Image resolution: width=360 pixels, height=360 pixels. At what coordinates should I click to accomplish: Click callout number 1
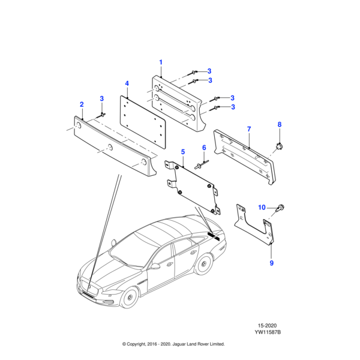coord(161,62)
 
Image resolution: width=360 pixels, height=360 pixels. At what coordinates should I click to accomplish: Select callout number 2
coord(82,104)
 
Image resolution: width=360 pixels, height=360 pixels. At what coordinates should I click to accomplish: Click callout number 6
coord(203,148)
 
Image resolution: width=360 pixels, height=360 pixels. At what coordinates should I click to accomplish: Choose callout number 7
coord(249,129)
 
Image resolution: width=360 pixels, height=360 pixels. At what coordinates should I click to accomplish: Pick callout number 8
coord(279,124)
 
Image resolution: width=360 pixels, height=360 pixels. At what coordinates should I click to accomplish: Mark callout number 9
coord(271,263)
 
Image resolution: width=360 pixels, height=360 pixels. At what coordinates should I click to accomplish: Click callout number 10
coord(262,207)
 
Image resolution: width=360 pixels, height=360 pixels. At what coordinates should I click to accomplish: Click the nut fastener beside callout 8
coord(279,145)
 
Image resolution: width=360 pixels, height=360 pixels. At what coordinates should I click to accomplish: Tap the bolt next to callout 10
coord(281,208)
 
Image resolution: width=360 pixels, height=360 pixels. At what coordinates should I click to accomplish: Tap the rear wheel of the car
coord(205,265)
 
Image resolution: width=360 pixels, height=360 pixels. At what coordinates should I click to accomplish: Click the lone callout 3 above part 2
coord(101,98)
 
